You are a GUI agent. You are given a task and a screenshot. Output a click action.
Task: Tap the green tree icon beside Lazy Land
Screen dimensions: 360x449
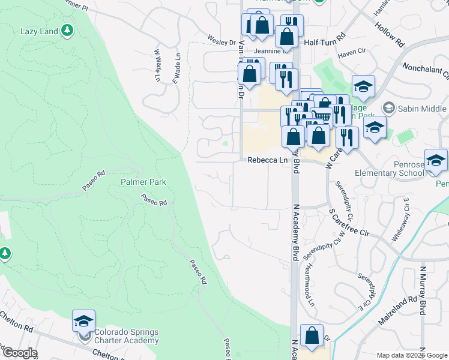tap(68, 29)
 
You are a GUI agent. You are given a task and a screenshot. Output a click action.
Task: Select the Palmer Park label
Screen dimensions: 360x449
tap(143, 181)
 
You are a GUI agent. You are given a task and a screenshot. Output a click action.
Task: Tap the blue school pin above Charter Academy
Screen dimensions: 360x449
tap(83, 322)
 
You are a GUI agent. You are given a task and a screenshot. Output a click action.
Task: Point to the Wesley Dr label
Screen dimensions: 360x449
tap(222, 43)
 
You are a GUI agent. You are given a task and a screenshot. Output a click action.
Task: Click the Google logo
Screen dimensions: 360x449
tap(19, 353)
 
